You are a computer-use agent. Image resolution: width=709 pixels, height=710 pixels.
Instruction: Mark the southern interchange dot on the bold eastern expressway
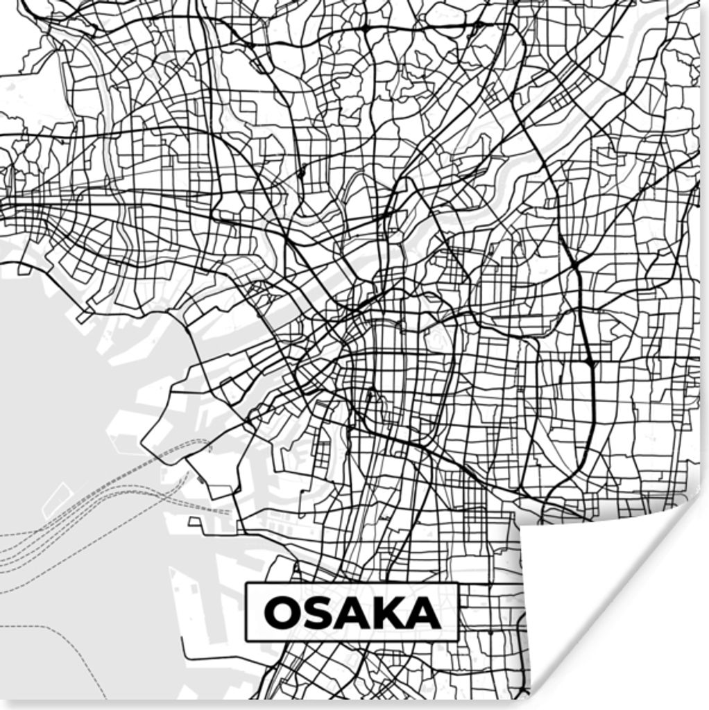589,363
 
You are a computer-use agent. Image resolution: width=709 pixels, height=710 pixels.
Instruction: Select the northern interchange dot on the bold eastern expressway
575,266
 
